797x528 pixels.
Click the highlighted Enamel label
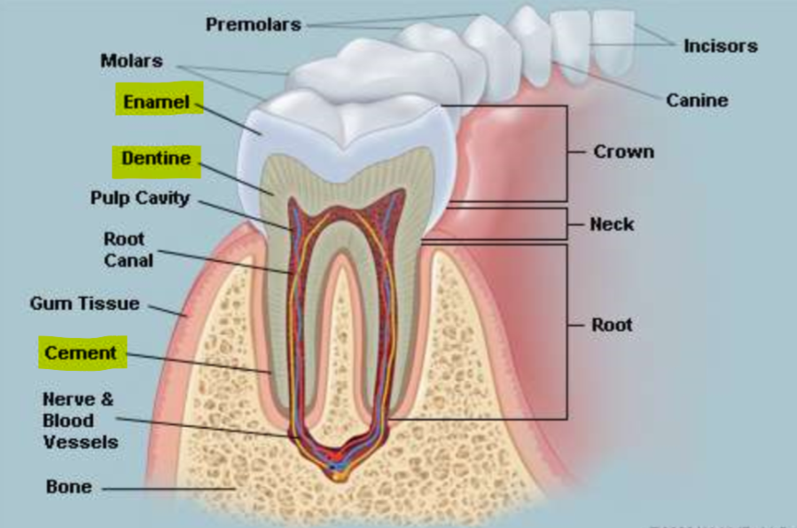tap(156, 102)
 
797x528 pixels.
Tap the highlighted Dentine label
tap(156, 159)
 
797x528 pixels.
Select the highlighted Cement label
tap(82, 353)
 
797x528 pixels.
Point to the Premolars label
tap(254, 24)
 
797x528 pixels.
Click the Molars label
tap(131, 60)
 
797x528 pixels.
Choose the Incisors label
tap(720, 45)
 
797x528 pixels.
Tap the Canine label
tap(697, 100)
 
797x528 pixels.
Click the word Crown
tap(623, 152)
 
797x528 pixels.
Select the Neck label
tap(612, 225)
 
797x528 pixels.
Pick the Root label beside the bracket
tap(612, 325)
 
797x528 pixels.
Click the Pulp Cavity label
tap(140, 198)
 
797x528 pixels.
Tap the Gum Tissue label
tap(85, 303)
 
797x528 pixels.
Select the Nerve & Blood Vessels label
tap(80, 420)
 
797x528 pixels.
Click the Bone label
tap(68, 487)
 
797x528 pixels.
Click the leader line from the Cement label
tap(199, 362)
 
